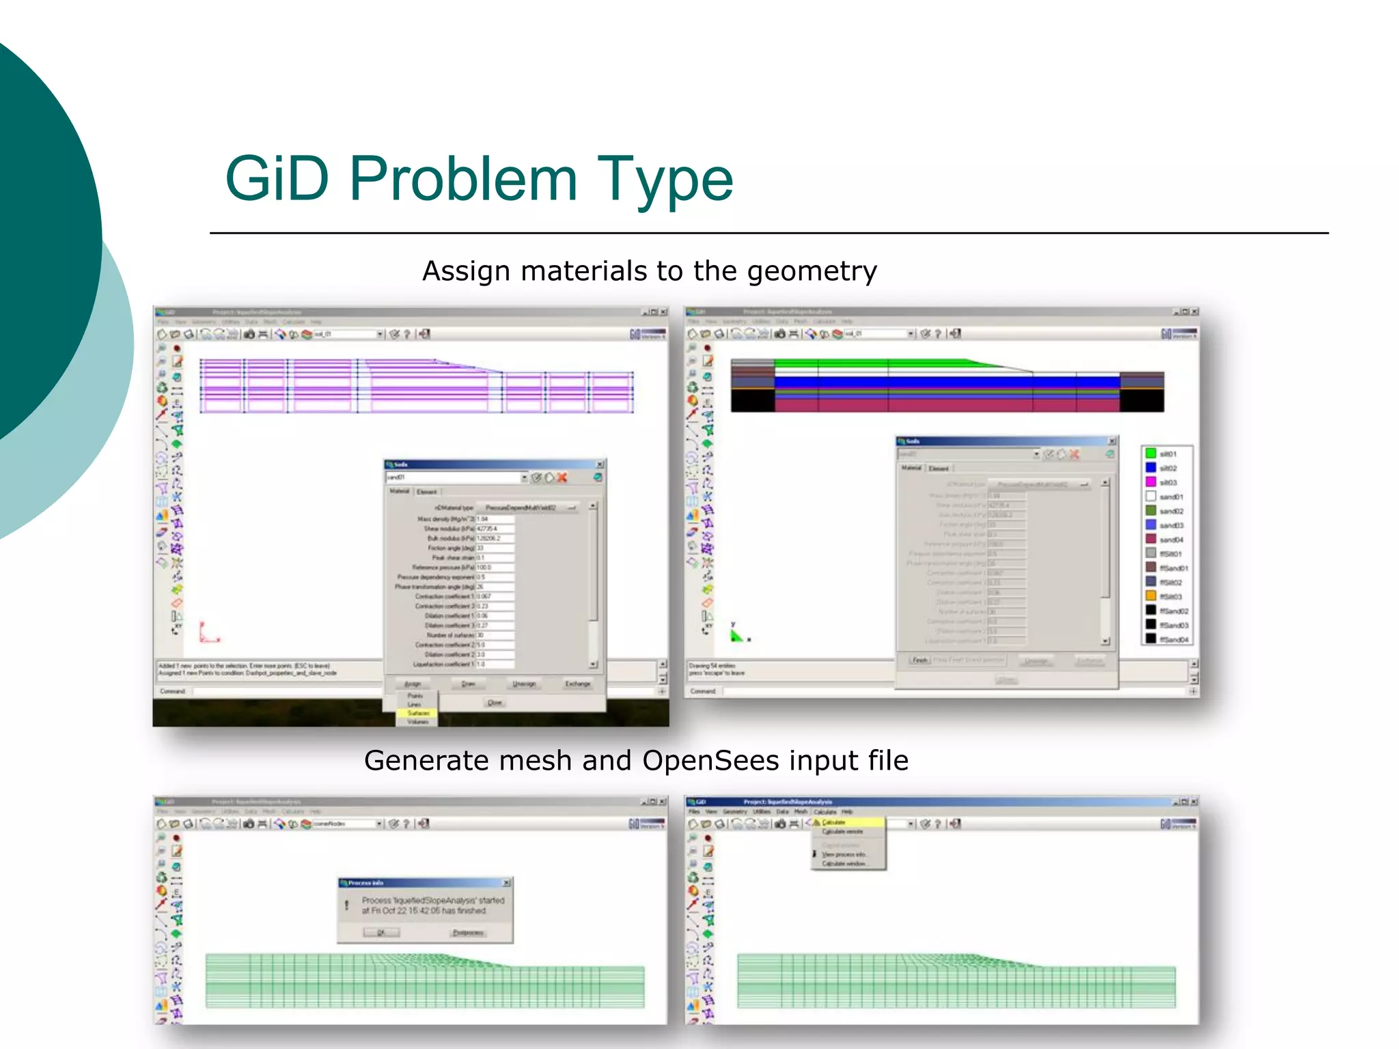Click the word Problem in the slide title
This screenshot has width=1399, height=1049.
464,179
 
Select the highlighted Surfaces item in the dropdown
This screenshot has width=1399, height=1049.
417,713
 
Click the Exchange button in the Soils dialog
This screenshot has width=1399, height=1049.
577,684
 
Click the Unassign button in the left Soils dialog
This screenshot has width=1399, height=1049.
524,684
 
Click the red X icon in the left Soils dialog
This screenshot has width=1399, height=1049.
562,477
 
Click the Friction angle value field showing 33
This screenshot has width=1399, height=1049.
495,548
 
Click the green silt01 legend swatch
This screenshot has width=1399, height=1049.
1150,453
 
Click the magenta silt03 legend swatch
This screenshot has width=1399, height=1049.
1150,482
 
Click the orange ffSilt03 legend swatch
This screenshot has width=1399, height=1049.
1150,596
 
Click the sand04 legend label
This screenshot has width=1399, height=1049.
1171,540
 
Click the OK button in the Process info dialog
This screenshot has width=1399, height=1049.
381,932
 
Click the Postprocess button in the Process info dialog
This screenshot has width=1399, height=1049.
468,932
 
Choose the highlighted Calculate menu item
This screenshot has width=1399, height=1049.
834,822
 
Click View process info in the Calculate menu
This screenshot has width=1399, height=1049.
843,854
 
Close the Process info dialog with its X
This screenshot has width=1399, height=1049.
506,883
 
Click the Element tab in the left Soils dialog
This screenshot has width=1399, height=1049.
426,492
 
